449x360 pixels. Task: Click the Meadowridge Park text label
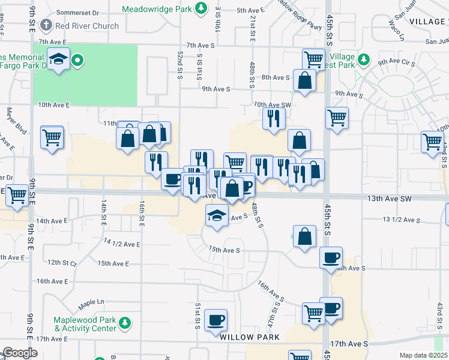click(159, 9)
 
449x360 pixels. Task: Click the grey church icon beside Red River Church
click(46, 25)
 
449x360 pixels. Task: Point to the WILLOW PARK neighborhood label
click(249, 337)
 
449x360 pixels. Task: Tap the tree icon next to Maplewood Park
click(125, 323)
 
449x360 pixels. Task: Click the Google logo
click(20, 353)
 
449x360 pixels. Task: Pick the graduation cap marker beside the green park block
click(58, 59)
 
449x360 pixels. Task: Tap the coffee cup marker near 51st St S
click(215, 319)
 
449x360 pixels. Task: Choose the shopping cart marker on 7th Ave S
click(314, 59)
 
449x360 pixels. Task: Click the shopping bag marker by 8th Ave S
click(305, 80)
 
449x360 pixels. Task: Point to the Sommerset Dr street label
click(78, 12)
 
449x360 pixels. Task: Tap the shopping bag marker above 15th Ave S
click(305, 236)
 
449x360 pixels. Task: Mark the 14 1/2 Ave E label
click(122, 243)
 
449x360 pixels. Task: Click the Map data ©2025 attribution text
click(423, 355)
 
